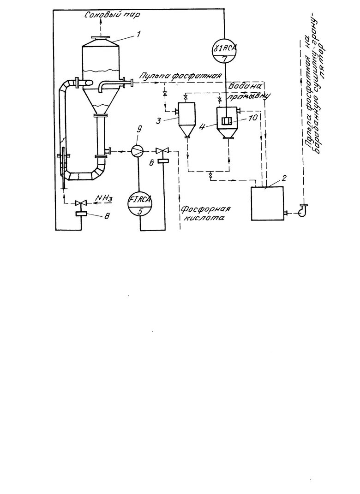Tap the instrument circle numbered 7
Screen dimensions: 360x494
pyautogui.click(x=224, y=52)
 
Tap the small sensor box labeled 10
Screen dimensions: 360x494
pyautogui.click(x=227, y=121)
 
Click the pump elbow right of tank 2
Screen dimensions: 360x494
pyautogui.click(x=303, y=210)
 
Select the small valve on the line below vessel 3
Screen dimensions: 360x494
pyautogui.click(x=210, y=176)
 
